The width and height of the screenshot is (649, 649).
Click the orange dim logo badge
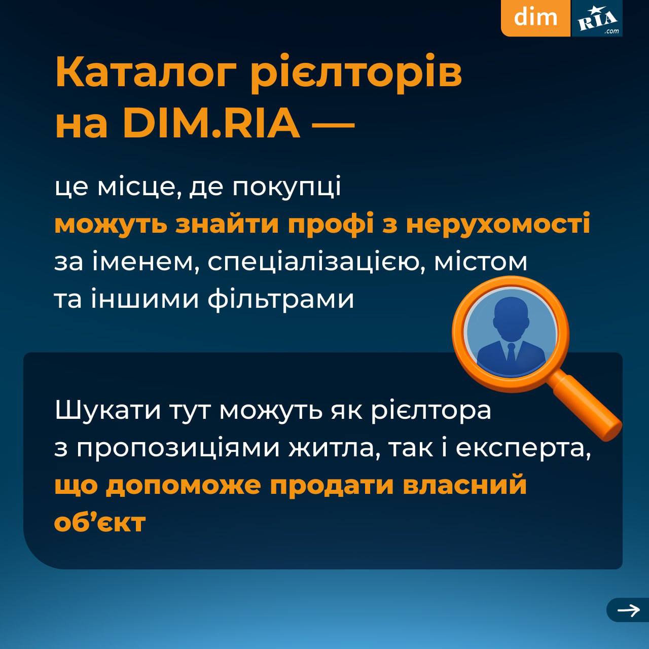[x=536, y=18]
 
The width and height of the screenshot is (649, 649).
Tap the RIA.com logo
[x=597, y=18]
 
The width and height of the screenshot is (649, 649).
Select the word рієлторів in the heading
[x=357, y=75]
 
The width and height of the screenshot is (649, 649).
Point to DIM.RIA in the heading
[x=211, y=123]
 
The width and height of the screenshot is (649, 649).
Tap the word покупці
[x=286, y=187]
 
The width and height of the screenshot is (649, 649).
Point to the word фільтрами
[x=280, y=300]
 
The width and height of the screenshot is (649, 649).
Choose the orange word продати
[x=332, y=485]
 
